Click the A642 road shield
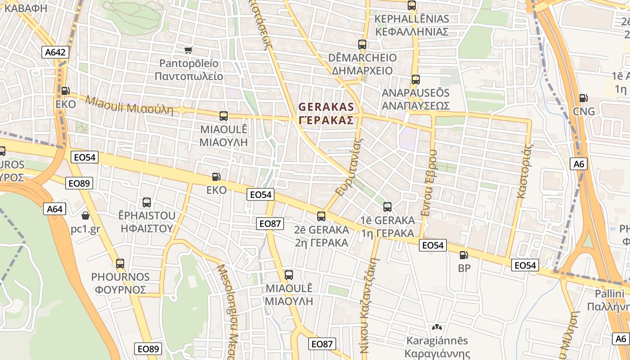(55, 52)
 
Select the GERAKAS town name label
(326, 113)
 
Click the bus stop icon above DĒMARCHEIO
(362, 44)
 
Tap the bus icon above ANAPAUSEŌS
(415, 80)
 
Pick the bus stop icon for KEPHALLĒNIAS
(412, 5)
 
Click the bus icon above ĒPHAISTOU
(147, 202)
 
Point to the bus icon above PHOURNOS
(120, 264)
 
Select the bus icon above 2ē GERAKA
(321, 216)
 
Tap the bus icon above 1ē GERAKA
(387, 207)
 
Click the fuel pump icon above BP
(463, 255)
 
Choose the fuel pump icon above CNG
(584, 98)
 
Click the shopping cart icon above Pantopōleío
(189, 50)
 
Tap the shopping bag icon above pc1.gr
(85, 216)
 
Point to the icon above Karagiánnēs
(436, 327)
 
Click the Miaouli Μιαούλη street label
(129, 105)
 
